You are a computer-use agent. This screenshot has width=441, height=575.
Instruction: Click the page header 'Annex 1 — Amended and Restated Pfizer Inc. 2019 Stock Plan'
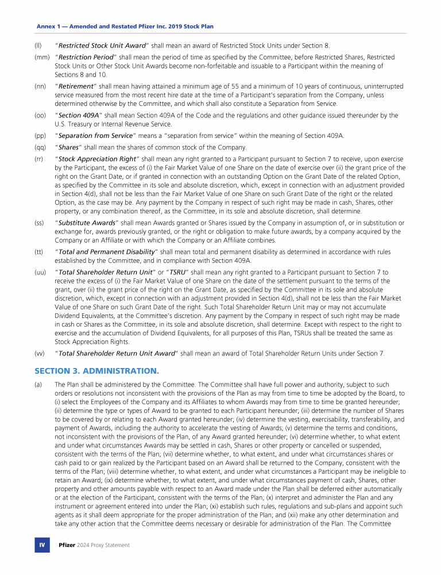coord(125,27)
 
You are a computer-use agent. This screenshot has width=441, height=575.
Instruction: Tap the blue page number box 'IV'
coord(42,545)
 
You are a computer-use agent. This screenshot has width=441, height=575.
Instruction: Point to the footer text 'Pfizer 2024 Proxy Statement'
coord(94,545)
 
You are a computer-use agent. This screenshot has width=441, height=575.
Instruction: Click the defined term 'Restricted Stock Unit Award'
coord(102,46)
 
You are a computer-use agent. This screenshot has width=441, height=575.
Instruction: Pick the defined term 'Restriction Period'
coord(86,57)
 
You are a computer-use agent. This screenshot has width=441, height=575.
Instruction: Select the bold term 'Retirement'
coord(76,86)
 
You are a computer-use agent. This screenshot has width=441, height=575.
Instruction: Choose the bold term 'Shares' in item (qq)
coord(68,147)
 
